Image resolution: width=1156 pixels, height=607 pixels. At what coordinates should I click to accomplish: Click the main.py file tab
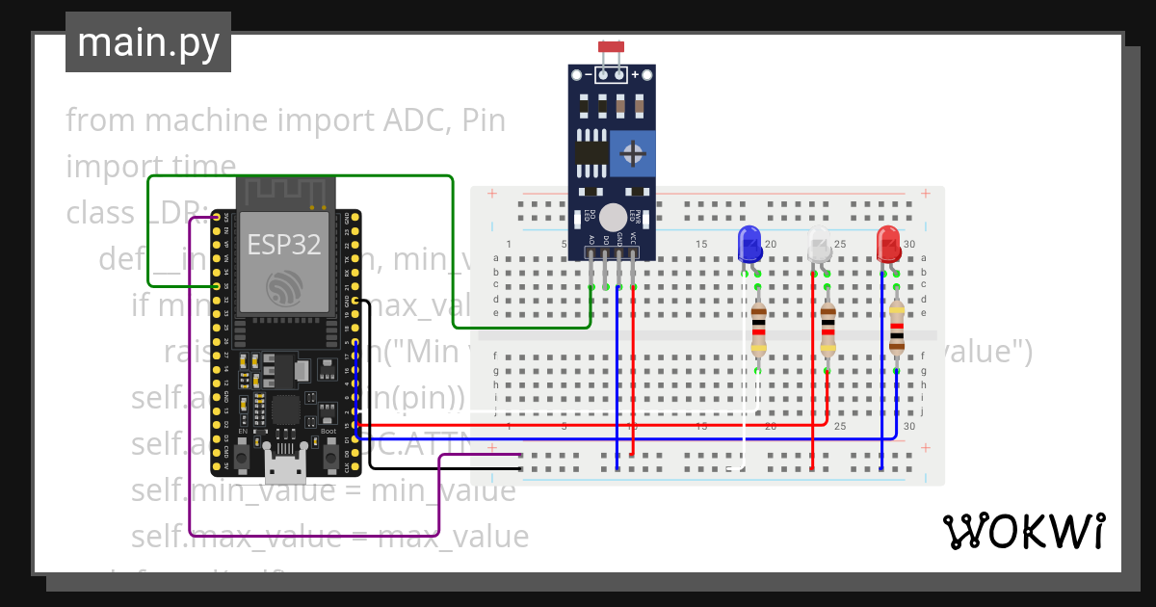click(x=147, y=42)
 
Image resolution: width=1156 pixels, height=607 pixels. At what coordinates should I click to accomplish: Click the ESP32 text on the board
click(x=284, y=244)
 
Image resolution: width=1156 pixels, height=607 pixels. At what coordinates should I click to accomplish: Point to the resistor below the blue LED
click(x=758, y=328)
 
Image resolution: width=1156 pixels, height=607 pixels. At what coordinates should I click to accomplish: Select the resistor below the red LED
click(x=897, y=328)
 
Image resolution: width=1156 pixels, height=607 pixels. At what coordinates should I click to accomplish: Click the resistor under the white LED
click(x=828, y=328)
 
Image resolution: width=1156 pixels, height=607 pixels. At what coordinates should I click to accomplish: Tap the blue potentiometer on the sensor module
click(x=633, y=153)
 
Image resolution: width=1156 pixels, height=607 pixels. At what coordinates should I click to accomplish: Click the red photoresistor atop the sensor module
click(x=610, y=46)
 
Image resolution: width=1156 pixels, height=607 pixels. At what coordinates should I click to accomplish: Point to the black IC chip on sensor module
click(x=591, y=153)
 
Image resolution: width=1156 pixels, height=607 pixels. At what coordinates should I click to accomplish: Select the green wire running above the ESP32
click(x=299, y=176)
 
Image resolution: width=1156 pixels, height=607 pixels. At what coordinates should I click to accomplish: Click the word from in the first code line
click(x=101, y=120)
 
